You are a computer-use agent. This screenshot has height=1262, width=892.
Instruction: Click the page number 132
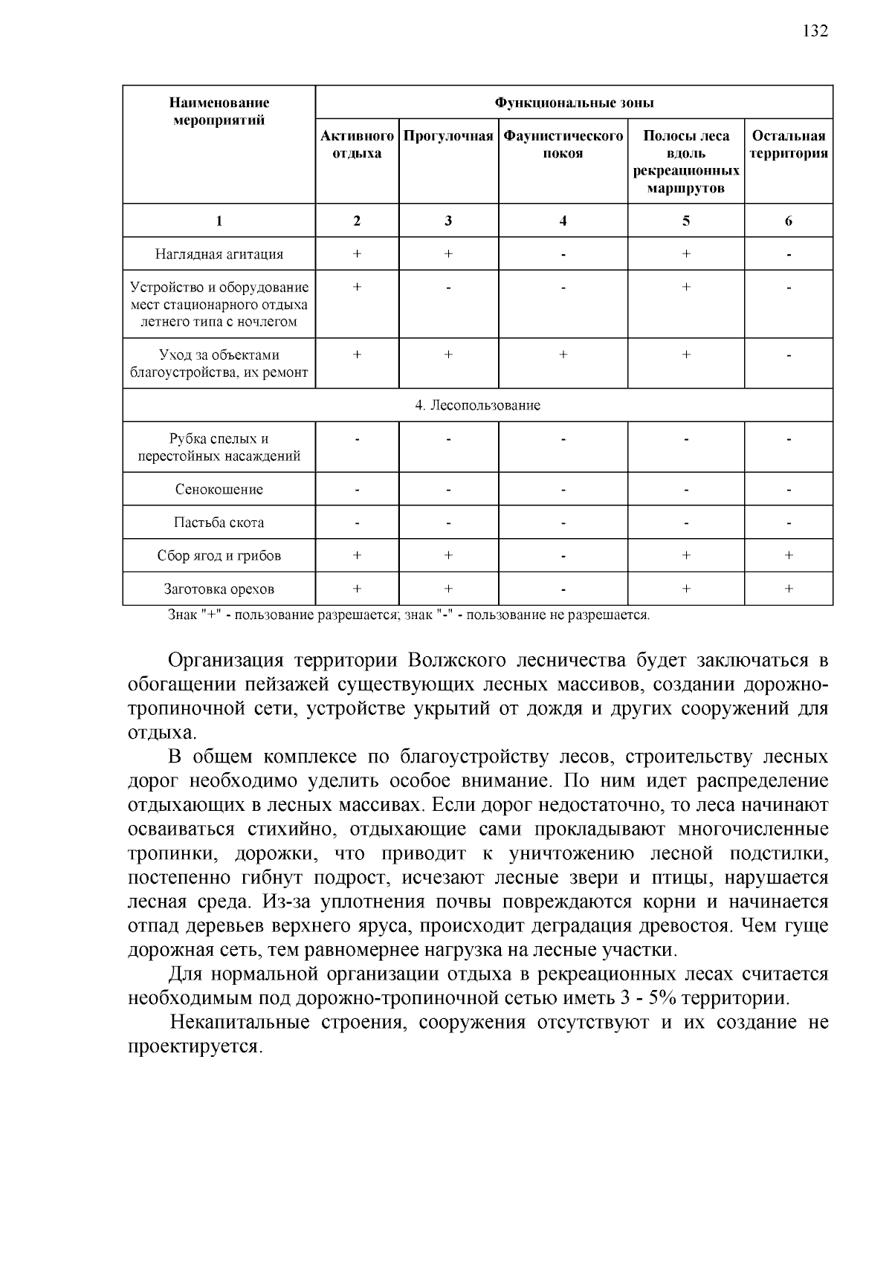[815, 31]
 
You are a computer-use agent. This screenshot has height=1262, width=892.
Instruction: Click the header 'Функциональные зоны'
[574, 103]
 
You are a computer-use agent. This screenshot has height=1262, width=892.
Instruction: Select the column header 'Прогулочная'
[448, 137]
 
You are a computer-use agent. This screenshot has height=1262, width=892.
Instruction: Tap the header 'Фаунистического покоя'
[563, 145]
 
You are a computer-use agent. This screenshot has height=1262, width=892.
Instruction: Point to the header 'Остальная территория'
[788, 145]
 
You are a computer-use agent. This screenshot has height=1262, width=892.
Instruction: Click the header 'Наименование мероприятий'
[219, 111]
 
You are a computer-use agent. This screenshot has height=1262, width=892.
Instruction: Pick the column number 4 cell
[563, 221]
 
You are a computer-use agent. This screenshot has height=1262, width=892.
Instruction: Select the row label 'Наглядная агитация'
[219, 254]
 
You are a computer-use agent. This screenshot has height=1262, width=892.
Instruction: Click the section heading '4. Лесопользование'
[477, 406]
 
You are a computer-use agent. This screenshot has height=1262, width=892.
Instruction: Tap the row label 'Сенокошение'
[219, 490]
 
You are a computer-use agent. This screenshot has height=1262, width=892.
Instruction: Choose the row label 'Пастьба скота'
[219, 522]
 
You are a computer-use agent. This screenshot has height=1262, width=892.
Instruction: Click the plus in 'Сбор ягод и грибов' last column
[788, 555]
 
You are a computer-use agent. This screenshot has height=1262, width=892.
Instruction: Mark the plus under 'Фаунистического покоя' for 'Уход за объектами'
[563, 355]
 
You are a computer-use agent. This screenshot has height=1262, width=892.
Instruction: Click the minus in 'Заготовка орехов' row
[563, 589]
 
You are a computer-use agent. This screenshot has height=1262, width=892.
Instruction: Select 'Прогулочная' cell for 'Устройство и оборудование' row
[448, 288]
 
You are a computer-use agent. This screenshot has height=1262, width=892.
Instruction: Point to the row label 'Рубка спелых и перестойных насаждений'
[219, 447]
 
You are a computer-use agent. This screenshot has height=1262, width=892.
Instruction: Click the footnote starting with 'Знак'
[409, 615]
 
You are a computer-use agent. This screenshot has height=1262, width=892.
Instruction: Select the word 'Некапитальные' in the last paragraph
[239, 1023]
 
